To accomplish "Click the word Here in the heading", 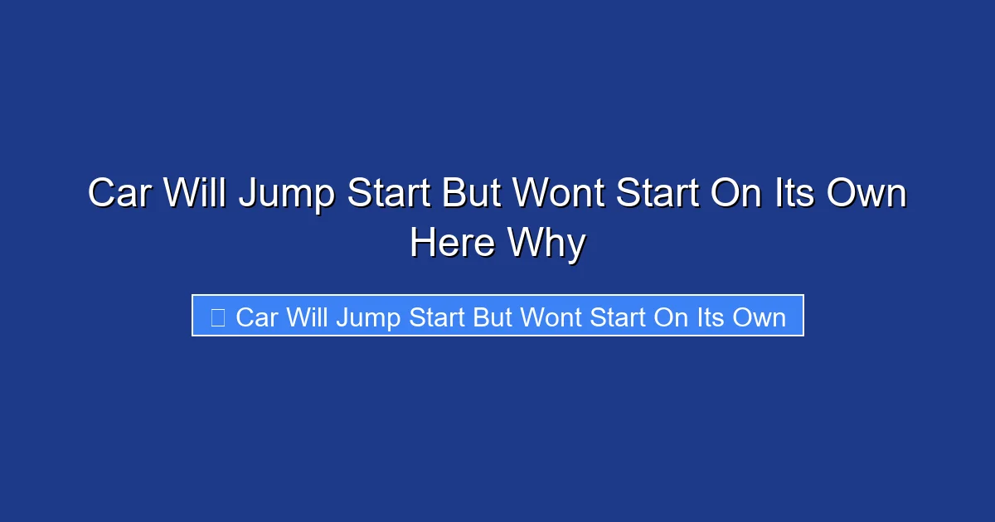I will tap(452, 243).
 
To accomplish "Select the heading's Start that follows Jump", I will tap(388, 195).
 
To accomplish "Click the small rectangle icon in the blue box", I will tap(217, 317).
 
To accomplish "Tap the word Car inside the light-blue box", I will tap(256, 317).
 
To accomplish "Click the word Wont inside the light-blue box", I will tap(555, 317).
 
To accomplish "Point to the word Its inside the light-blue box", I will tap(711, 317).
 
